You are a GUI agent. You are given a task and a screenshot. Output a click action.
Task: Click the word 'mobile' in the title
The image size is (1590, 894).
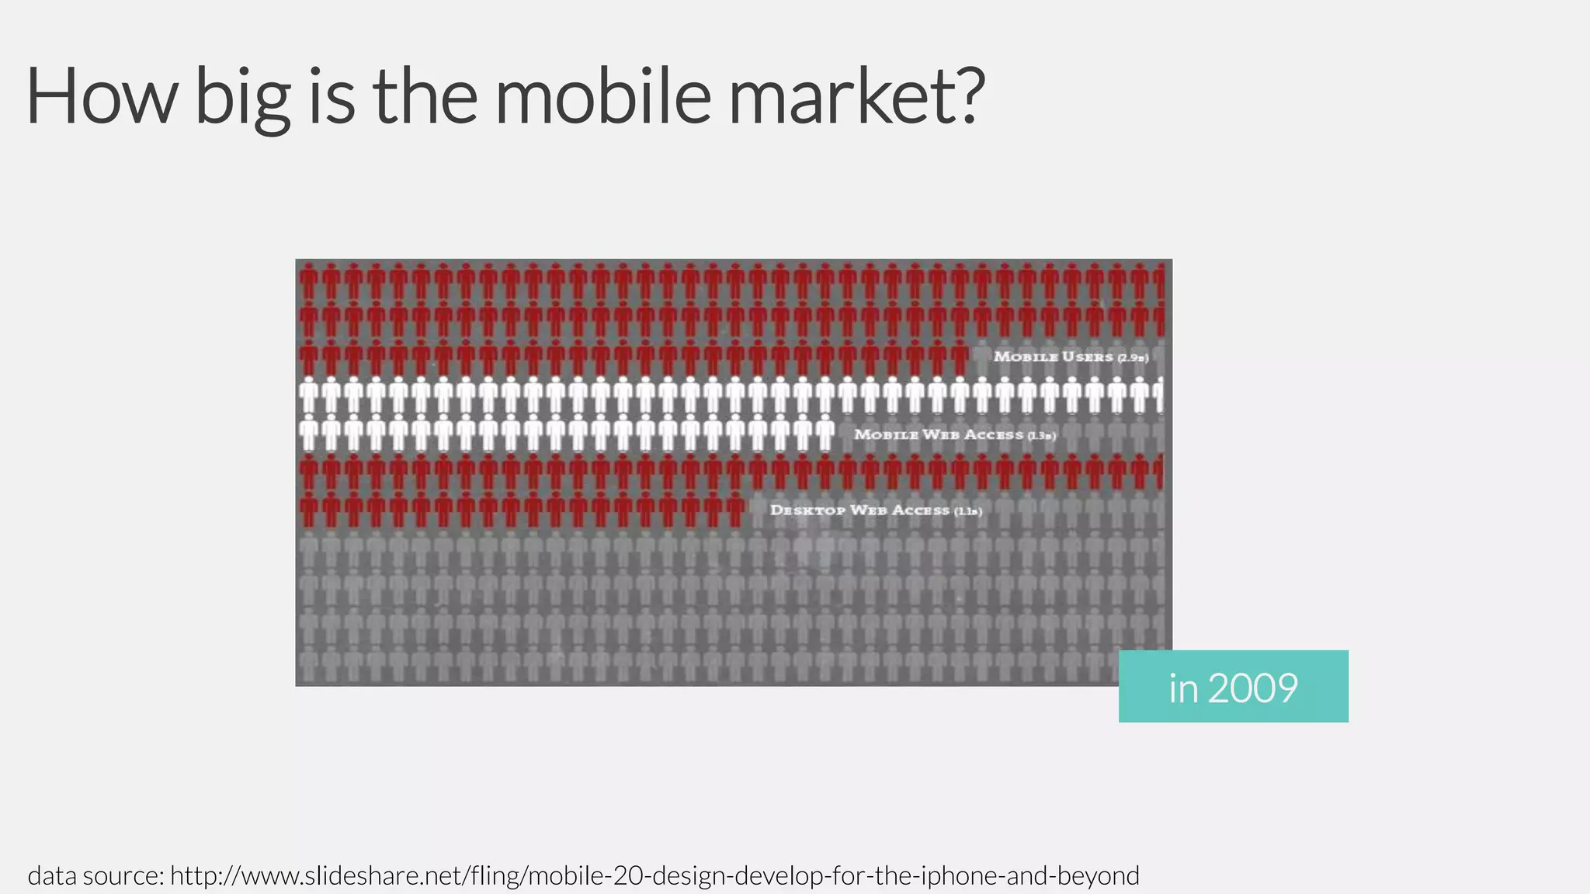click(x=602, y=96)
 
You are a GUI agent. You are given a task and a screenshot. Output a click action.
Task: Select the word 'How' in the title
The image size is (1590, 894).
click(x=102, y=96)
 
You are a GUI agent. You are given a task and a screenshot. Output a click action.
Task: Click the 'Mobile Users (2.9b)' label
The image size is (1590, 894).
click(x=1071, y=357)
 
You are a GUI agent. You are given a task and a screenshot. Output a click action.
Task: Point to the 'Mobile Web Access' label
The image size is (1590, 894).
click(x=954, y=435)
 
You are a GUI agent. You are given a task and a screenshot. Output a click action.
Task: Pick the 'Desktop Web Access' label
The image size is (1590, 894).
click(x=876, y=511)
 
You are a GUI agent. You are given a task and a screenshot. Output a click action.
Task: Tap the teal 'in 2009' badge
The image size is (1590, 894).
click(x=1233, y=687)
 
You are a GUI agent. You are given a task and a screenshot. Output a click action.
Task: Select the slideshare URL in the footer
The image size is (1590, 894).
click(x=654, y=875)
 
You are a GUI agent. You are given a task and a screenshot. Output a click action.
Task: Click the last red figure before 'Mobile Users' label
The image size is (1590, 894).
click(x=960, y=358)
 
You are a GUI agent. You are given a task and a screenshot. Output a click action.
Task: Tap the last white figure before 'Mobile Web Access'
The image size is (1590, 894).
click(x=825, y=433)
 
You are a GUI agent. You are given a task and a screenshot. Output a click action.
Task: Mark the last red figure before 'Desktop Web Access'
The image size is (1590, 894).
click(x=735, y=510)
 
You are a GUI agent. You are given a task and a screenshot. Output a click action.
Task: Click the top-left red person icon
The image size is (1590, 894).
click(x=309, y=282)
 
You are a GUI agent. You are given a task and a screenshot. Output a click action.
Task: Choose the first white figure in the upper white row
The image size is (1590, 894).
click(x=309, y=395)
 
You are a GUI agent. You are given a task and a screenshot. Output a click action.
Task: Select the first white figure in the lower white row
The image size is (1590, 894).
click(x=309, y=433)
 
